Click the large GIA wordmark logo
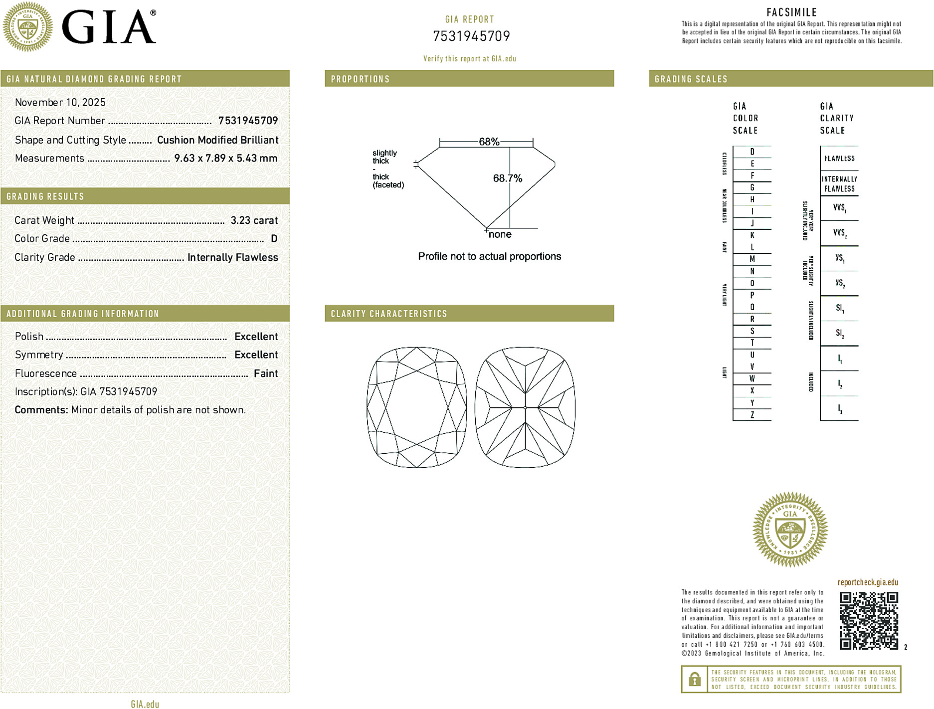click(109, 27)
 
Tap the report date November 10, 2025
click(60, 103)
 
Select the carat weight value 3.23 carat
click(254, 220)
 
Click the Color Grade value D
click(274, 239)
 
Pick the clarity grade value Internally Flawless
click(232, 257)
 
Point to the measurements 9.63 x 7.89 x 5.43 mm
click(225, 159)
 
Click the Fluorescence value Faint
click(266, 373)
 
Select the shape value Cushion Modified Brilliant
click(217, 140)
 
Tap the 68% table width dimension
click(489, 142)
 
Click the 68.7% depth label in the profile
click(507, 178)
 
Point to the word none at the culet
click(500, 234)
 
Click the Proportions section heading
click(360, 79)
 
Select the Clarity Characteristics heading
click(389, 314)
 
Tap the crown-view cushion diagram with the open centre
click(417, 407)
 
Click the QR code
click(869, 621)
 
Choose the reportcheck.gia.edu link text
click(868, 582)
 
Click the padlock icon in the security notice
click(694, 679)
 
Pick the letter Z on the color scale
click(752, 415)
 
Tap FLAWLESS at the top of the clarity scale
click(839, 159)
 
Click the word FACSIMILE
click(791, 12)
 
